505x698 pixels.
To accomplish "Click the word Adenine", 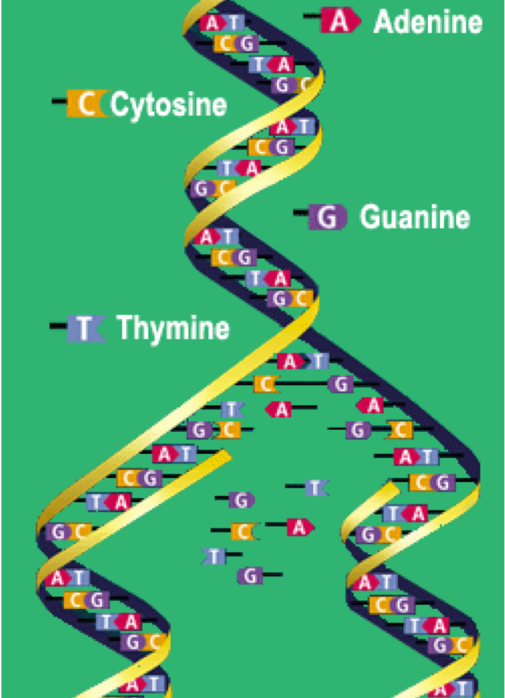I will pos(428,22).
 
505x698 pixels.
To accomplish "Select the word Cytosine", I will pos(168,104).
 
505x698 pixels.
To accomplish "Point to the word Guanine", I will pos(415,217).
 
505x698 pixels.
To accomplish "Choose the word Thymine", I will pos(173,328).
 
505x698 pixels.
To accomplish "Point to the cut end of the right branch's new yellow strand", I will pos(393,488).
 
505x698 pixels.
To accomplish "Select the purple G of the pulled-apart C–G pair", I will pos(340,385).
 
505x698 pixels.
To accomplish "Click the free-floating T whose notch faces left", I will pos(214,557).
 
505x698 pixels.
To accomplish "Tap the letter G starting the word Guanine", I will pos(369,217).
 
